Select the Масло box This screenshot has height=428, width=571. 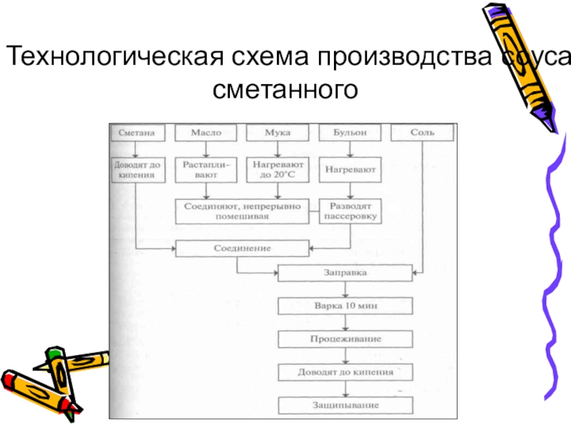(x=206, y=133)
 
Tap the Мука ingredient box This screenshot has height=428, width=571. (x=278, y=133)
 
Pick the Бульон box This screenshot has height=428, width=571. (x=348, y=133)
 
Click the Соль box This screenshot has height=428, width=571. (x=422, y=133)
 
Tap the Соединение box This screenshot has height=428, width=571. (x=242, y=248)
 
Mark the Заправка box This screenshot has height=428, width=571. (x=345, y=274)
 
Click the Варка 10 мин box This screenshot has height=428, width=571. (x=345, y=305)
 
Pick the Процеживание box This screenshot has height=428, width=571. (x=345, y=338)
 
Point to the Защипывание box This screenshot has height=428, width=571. (x=345, y=406)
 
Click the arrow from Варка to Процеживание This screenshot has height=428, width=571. (x=345, y=322)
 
